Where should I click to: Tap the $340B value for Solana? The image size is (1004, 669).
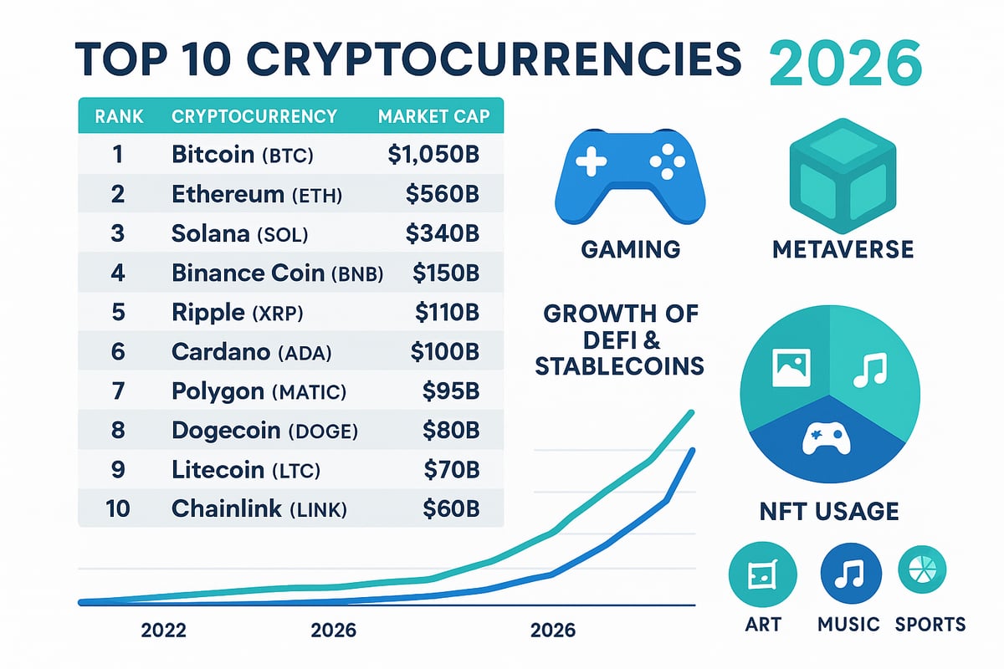click(x=442, y=234)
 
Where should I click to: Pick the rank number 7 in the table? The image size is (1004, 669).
click(x=117, y=391)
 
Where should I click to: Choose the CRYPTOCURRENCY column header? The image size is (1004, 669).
click(x=254, y=116)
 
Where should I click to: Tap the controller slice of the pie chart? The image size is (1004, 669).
click(x=827, y=439)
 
